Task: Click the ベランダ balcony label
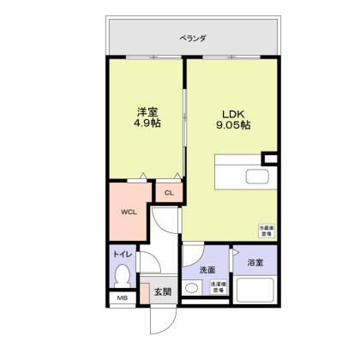193,38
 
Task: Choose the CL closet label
169,193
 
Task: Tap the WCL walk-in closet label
129,212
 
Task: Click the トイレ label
121,255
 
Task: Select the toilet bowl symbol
122,276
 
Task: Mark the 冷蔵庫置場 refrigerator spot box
266,231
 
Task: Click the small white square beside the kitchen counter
271,159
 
